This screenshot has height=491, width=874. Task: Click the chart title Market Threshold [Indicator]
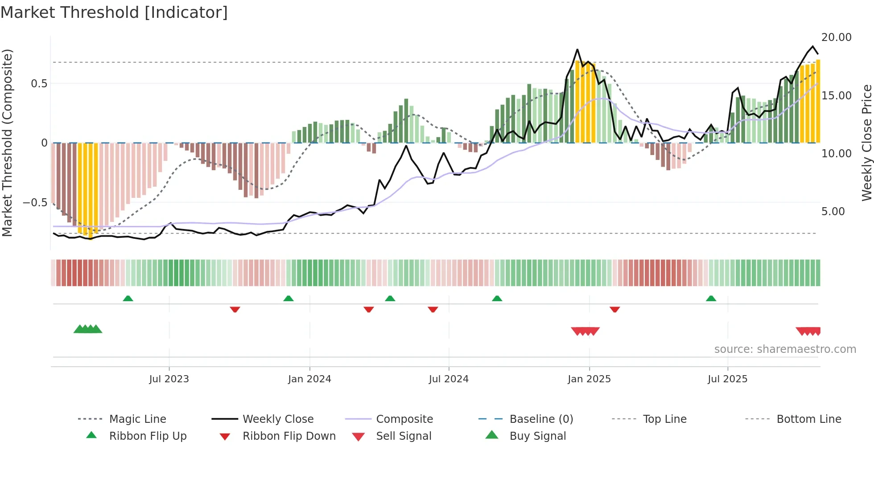pos(114,12)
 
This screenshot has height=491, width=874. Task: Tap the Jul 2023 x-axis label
pos(169,379)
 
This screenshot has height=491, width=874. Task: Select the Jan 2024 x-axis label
pos(309,379)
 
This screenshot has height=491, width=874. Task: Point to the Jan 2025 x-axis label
pos(589,379)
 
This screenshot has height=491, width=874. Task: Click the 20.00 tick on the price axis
pos(836,37)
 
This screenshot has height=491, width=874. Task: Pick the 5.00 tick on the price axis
pos(833,212)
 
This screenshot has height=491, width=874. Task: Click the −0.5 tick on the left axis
pos(35,203)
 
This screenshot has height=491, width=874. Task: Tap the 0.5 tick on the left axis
pos(39,84)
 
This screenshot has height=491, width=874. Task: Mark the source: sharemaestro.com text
pos(785,349)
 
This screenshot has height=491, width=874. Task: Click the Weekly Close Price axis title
pos(866,143)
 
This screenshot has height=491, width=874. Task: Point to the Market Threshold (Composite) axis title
pos(7,143)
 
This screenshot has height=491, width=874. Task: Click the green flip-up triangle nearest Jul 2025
pos(711,299)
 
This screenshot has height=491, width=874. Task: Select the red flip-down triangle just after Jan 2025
pos(614,309)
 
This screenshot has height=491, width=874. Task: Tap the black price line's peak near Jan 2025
pos(577,49)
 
